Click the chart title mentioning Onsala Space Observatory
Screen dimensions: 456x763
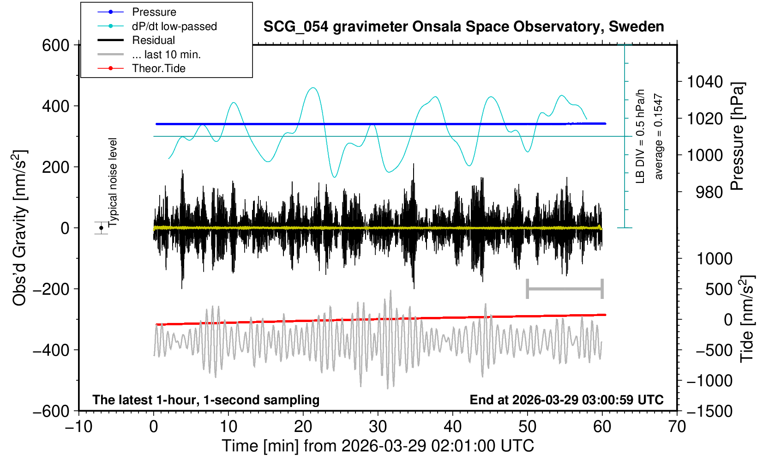463,27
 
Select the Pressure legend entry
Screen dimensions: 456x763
154,12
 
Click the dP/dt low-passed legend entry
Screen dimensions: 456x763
174,26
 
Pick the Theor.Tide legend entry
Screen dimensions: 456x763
158,68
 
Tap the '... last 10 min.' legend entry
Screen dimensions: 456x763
166,55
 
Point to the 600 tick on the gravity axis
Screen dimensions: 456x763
55,45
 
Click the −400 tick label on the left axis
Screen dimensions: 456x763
50,350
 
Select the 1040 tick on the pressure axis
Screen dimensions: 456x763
704,82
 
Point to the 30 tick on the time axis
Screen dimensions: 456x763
378,426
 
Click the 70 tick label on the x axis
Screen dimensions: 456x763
677,426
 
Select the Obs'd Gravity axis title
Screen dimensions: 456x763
19,228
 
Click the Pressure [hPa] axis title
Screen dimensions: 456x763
738,136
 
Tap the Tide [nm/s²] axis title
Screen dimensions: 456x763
747,319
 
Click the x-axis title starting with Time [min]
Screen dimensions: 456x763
378,446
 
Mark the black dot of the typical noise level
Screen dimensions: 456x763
101,228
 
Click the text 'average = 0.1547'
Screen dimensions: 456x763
659,136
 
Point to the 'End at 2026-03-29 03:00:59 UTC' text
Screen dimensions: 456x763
566,400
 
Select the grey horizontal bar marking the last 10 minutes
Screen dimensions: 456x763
565,289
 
